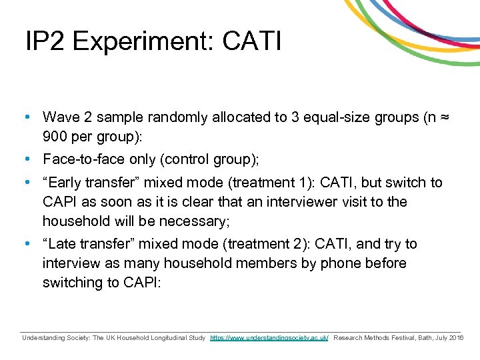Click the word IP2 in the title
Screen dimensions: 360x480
coord(44,42)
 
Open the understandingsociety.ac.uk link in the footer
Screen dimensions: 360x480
coord(269,339)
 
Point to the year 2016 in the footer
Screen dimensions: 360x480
coord(457,339)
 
